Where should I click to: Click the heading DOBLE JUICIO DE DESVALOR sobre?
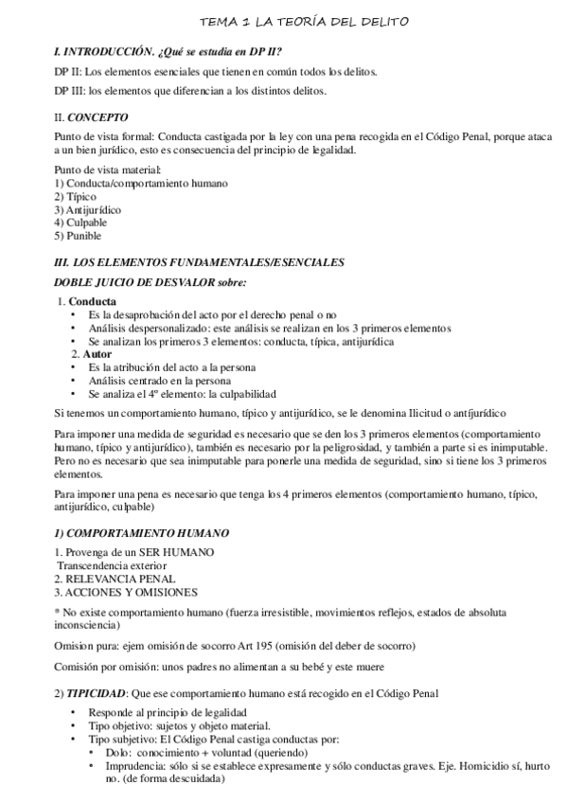pyautogui.click(x=151, y=282)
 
